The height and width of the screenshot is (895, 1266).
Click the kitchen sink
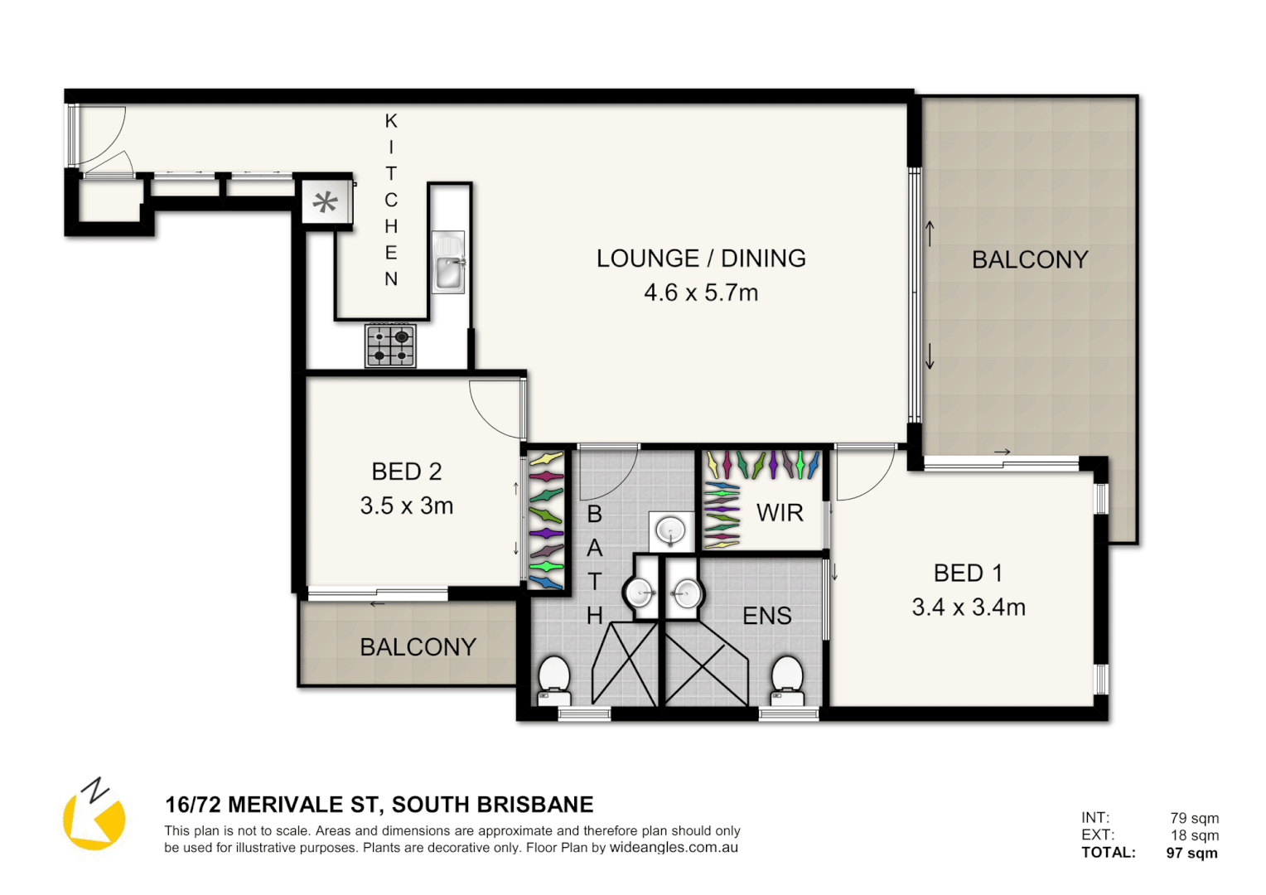coord(448,263)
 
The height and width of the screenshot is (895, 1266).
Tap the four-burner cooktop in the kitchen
coord(390,346)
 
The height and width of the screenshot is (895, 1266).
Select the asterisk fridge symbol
coord(326,202)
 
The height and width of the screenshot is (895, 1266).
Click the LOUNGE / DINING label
coord(701,259)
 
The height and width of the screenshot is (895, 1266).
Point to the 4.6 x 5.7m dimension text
coord(701,293)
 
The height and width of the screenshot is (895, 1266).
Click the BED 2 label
coord(406,472)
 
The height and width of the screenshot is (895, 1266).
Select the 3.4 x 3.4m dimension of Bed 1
coord(968,607)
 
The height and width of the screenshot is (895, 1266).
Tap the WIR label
coord(780,513)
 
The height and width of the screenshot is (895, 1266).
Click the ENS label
coord(766,616)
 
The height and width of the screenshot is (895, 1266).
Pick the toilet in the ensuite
coord(787,680)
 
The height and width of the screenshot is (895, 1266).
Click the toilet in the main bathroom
coord(553,680)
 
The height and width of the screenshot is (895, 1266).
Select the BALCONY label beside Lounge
coord(1029,260)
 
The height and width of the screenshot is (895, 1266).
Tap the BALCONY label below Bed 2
coord(418,647)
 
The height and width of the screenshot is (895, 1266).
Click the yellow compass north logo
coord(94,815)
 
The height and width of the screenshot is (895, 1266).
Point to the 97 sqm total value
coord(1191,853)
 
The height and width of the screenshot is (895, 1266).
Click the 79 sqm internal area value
coord(1194,818)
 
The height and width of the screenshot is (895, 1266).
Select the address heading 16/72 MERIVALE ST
coord(379,805)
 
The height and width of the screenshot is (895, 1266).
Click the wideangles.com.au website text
coord(674,848)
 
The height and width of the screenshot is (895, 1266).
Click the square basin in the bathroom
coord(670,530)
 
